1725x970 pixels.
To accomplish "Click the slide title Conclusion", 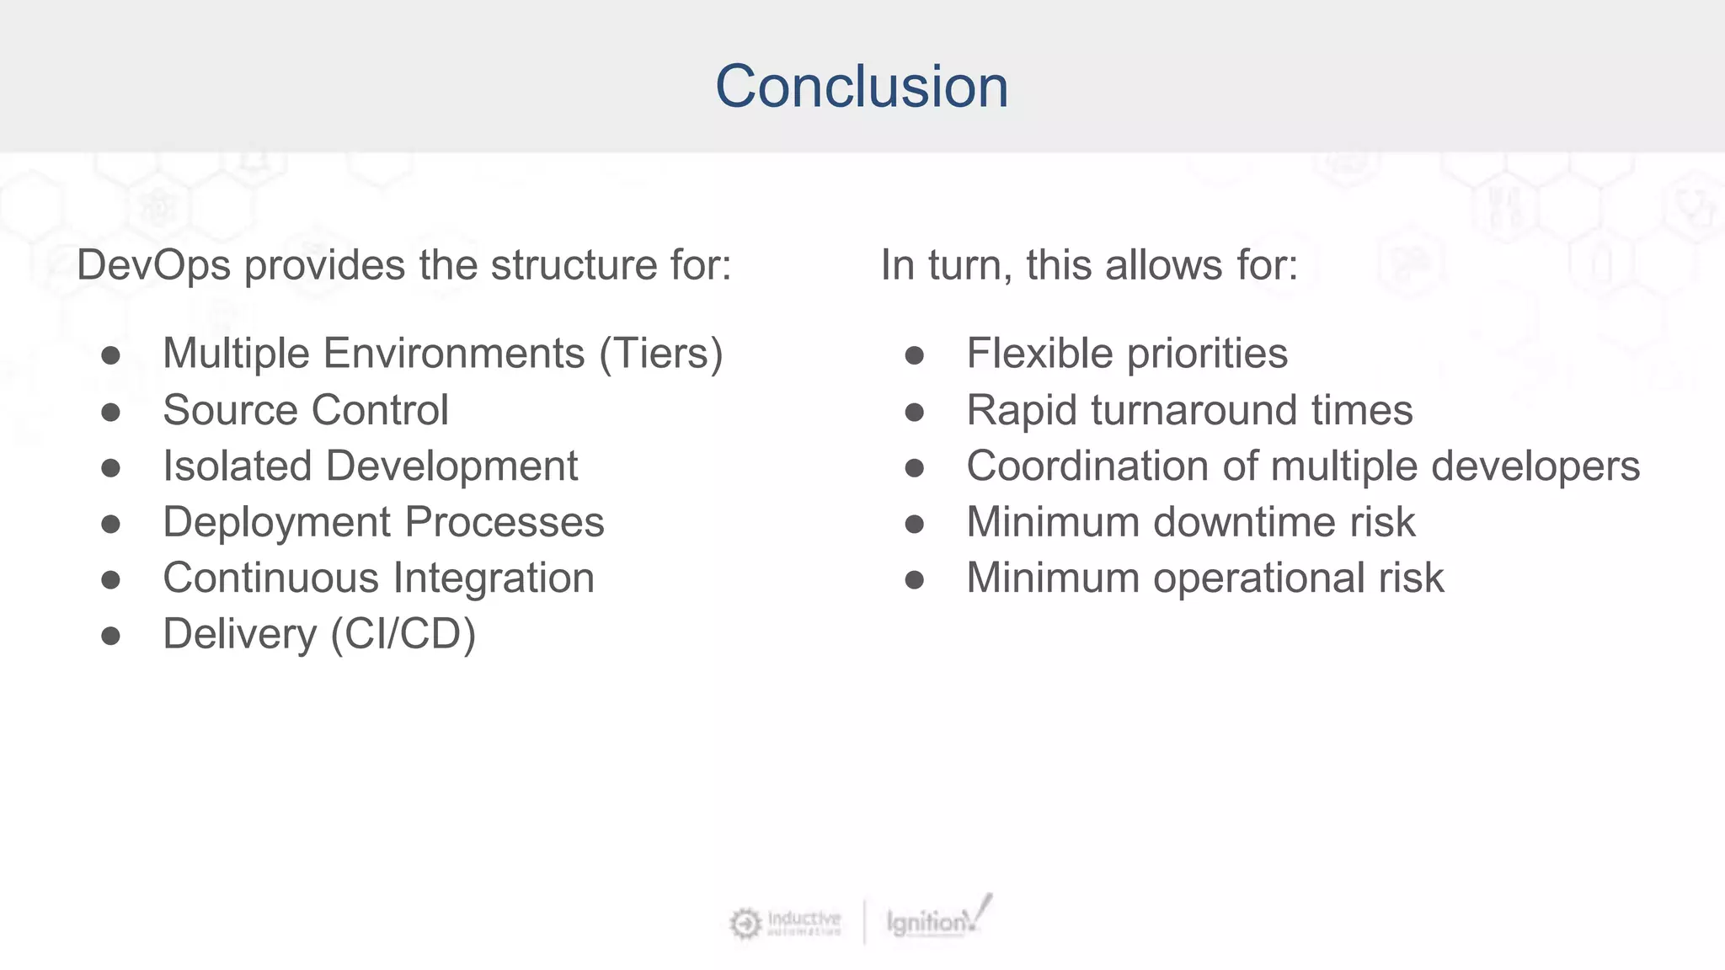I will click(x=862, y=86).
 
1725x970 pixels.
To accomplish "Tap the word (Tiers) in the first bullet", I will click(x=661, y=354).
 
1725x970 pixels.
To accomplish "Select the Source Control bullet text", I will click(x=305, y=410).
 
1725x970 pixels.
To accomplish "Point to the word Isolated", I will click(x=237, y=466).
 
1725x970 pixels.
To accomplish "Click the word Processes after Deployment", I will click(x=505, y=522).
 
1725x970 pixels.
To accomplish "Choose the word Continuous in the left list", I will click(x=270, y=578).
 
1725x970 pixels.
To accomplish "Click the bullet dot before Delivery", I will click(x=110, y=636).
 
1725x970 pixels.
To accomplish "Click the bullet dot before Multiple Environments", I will click(x=110, y=355).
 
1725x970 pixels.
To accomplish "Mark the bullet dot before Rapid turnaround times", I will click(x=915, y=412).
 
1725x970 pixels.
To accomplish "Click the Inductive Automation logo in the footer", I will click(x=786, y=923).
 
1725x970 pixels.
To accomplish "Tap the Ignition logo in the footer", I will click(x=937, y=919).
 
